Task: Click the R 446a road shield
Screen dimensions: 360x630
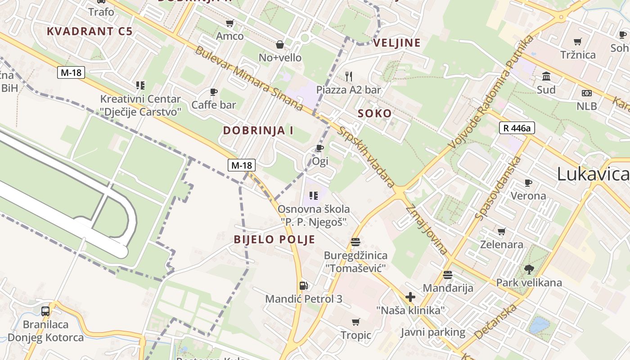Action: click(517, 128)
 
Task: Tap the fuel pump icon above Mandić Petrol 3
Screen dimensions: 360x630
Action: click(304, 285)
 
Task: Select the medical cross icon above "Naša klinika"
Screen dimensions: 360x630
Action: click(410, 297)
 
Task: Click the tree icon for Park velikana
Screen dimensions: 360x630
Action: click(529, 270)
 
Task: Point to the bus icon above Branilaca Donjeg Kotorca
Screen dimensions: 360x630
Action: click(45, 311)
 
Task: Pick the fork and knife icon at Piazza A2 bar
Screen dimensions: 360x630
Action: click(348, 76)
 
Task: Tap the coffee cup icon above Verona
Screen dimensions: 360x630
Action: click(528, 183)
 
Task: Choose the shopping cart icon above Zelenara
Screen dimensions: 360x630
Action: click(502, 231)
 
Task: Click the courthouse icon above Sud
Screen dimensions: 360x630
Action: click(546, 76)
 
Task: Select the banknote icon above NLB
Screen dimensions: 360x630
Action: click(587, 93)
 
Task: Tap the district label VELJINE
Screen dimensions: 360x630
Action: click(397, 43)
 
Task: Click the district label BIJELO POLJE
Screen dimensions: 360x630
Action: click(274, 239)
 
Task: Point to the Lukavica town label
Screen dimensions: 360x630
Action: click(593, 174)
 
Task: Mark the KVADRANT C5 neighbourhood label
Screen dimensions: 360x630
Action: click(90, 31)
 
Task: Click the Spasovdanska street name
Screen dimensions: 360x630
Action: click(498, 188)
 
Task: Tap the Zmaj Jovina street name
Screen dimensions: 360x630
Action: click(427, 229)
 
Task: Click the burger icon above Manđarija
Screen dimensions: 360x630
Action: click(447, 274)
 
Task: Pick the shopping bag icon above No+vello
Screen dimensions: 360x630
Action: click(280, 44)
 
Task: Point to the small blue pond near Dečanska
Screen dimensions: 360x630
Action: click(538, 325)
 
